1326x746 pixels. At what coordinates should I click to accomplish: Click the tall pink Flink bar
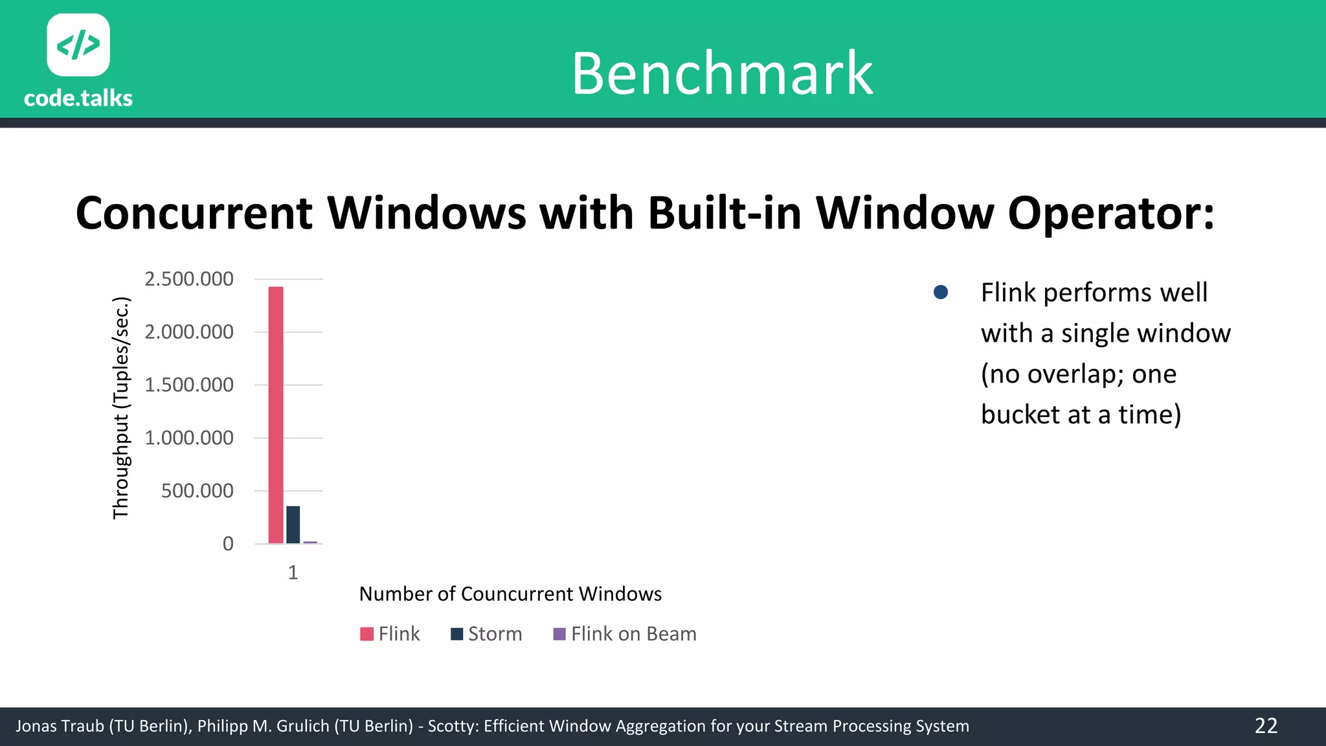point(276,414)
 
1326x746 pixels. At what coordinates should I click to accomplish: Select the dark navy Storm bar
point(293,525)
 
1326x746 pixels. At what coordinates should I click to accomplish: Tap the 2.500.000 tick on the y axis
point(188,279)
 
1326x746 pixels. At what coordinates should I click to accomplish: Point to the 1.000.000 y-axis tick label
point(188,438)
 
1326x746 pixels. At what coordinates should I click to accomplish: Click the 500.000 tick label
point(197,491)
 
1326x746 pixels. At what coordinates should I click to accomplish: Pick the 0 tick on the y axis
point(228,544)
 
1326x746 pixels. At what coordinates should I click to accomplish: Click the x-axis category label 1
point(293,572)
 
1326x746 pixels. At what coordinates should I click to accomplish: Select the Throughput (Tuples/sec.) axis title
point(121,408)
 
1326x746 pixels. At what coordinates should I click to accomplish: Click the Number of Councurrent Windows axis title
point(510,594)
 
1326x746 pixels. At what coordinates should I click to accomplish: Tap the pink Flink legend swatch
point(366,634)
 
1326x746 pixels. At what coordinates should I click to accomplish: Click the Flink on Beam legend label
point(633,634)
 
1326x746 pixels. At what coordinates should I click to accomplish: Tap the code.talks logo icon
point(78,45)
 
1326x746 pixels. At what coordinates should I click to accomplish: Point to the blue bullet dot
point(941,293)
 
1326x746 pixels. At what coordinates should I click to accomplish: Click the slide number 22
point(1266,726)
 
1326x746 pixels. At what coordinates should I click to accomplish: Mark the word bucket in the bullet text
point(1017,414)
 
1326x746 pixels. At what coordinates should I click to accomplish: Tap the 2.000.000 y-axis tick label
point(188,332)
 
